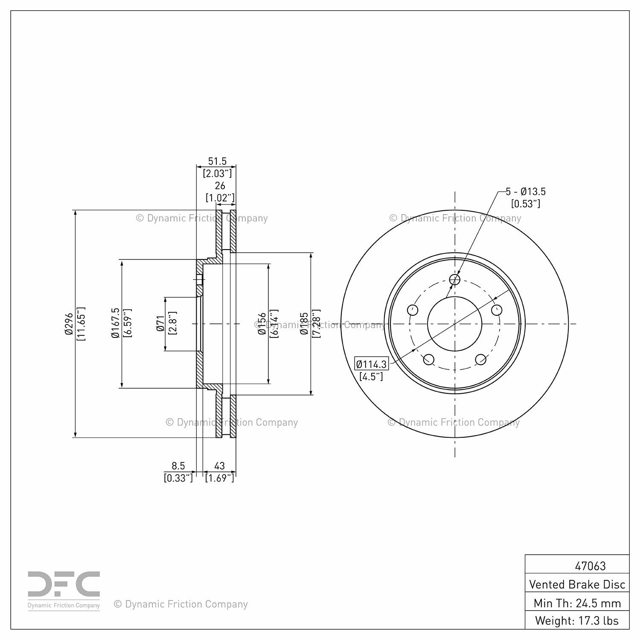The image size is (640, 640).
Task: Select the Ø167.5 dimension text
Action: pyautogui.click(x=115, y=323)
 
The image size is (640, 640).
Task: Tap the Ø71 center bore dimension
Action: pyautogui.click(x=160, y=323)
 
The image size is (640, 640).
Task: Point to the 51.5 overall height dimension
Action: pyautogui.click(x=217, y=161)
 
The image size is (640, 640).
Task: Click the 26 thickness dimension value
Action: pyautogui.click(x=220, y=186)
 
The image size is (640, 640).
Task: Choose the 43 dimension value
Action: pyautogui.click(x=219, y=466)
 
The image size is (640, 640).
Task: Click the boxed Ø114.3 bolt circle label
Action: pyautogui.click(x=372, y=364)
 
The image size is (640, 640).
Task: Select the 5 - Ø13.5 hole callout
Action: pyautogui.click(x=526, y=192)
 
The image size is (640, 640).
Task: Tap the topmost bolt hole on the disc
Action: pyautogui.click(x=455, y=279)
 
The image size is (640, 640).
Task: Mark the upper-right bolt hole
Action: pyautogui.click(x=497, y=310)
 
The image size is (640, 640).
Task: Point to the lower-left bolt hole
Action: pyautogui.click(x=429, y=359)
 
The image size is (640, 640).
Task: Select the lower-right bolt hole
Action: pyautogui.click(x=481, y=360)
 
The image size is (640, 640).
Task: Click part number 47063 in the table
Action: pyautogui.click(x=590, y=566)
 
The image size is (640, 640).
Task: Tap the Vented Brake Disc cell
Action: pyautogui.click(x=577, y=584)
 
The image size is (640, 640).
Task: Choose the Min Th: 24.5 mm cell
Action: pyautogui.click(x=577, y=603)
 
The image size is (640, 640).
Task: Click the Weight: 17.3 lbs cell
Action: pyautogui.click(x=577, y=620)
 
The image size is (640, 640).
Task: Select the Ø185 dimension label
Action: pyautogui.click(x=304, y=323)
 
